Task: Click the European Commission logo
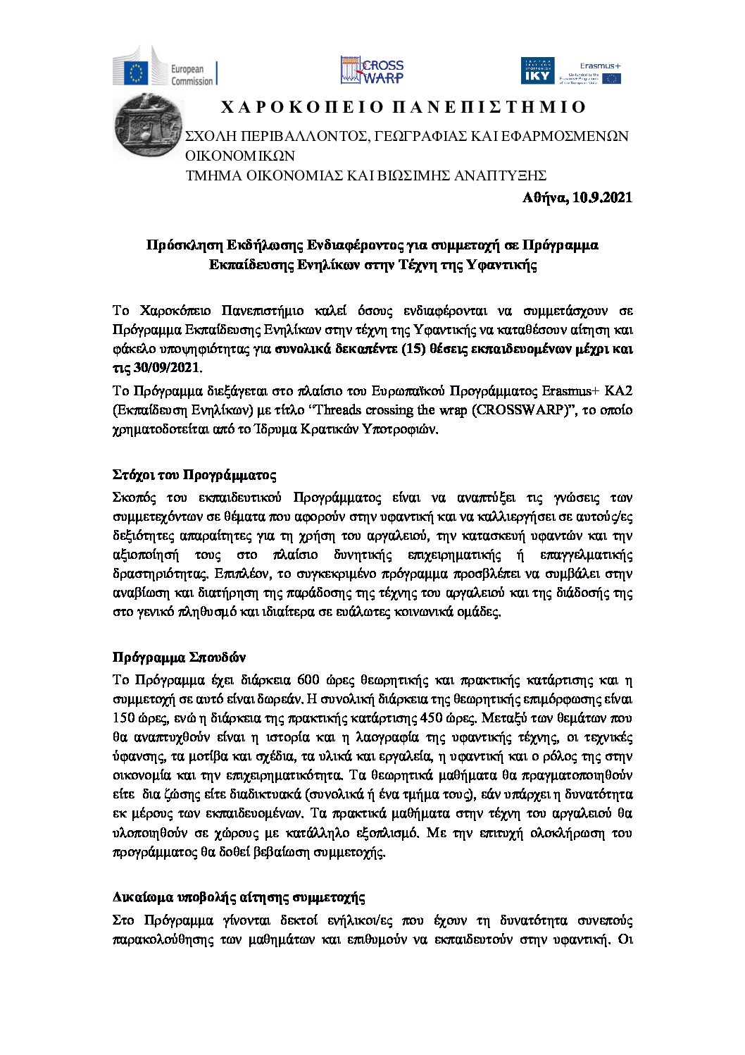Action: coord(165,71)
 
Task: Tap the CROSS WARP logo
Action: coord(372,70)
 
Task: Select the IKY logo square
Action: coord(537,71)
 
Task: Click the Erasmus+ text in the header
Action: coord(599,65)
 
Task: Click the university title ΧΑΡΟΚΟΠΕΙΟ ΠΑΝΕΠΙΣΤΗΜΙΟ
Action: coord(403,107)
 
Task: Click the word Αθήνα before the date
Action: coord(544,197)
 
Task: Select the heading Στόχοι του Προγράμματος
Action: coord(194,474)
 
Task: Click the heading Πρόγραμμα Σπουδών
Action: coord(179,658)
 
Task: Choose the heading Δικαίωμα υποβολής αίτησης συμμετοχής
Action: coord(239,897)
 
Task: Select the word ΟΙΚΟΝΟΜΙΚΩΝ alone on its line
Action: coord(239,156)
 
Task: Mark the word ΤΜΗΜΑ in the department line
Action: coord(208,175)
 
